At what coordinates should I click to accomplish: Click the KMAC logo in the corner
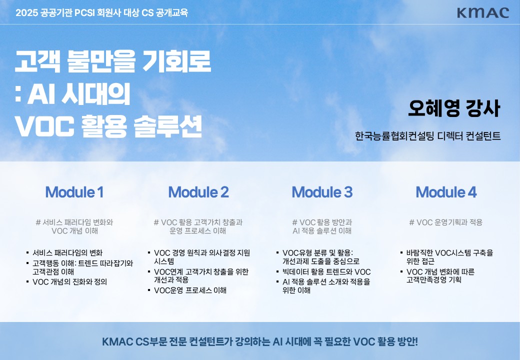click(x=483, y=13)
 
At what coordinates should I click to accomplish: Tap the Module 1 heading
click(x=74, y=192)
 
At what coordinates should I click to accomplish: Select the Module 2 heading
click(x=198, y=192)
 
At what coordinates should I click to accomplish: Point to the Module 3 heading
click(x=322, y=192)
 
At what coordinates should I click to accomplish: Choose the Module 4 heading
click(x=446, y=192)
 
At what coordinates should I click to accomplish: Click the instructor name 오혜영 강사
click(x=454, y=108)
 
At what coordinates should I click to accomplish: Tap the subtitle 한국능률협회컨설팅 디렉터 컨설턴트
click(x=428, y=136)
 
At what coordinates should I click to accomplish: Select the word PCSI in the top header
click(x=84, y=13)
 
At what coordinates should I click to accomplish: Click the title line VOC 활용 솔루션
click(x=108, y=126)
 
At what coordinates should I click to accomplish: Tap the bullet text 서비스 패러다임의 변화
click(x=67, y=252)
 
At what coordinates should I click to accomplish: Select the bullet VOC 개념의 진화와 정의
click(x=69, y=282)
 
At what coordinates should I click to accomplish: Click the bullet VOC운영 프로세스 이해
click(x=190, y=290)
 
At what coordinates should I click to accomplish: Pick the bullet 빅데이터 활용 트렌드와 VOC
click(x=326, y=272)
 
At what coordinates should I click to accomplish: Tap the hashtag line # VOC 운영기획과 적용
click(x=445, y=222)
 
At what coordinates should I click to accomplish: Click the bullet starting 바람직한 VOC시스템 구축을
click(x=449, y=257)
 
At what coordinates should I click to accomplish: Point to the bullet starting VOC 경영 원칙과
click(x=202, y=257)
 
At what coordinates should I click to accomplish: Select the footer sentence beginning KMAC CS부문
click(x=260, y=341)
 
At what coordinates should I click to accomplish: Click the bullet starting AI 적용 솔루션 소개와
click(x=326, y=286)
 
